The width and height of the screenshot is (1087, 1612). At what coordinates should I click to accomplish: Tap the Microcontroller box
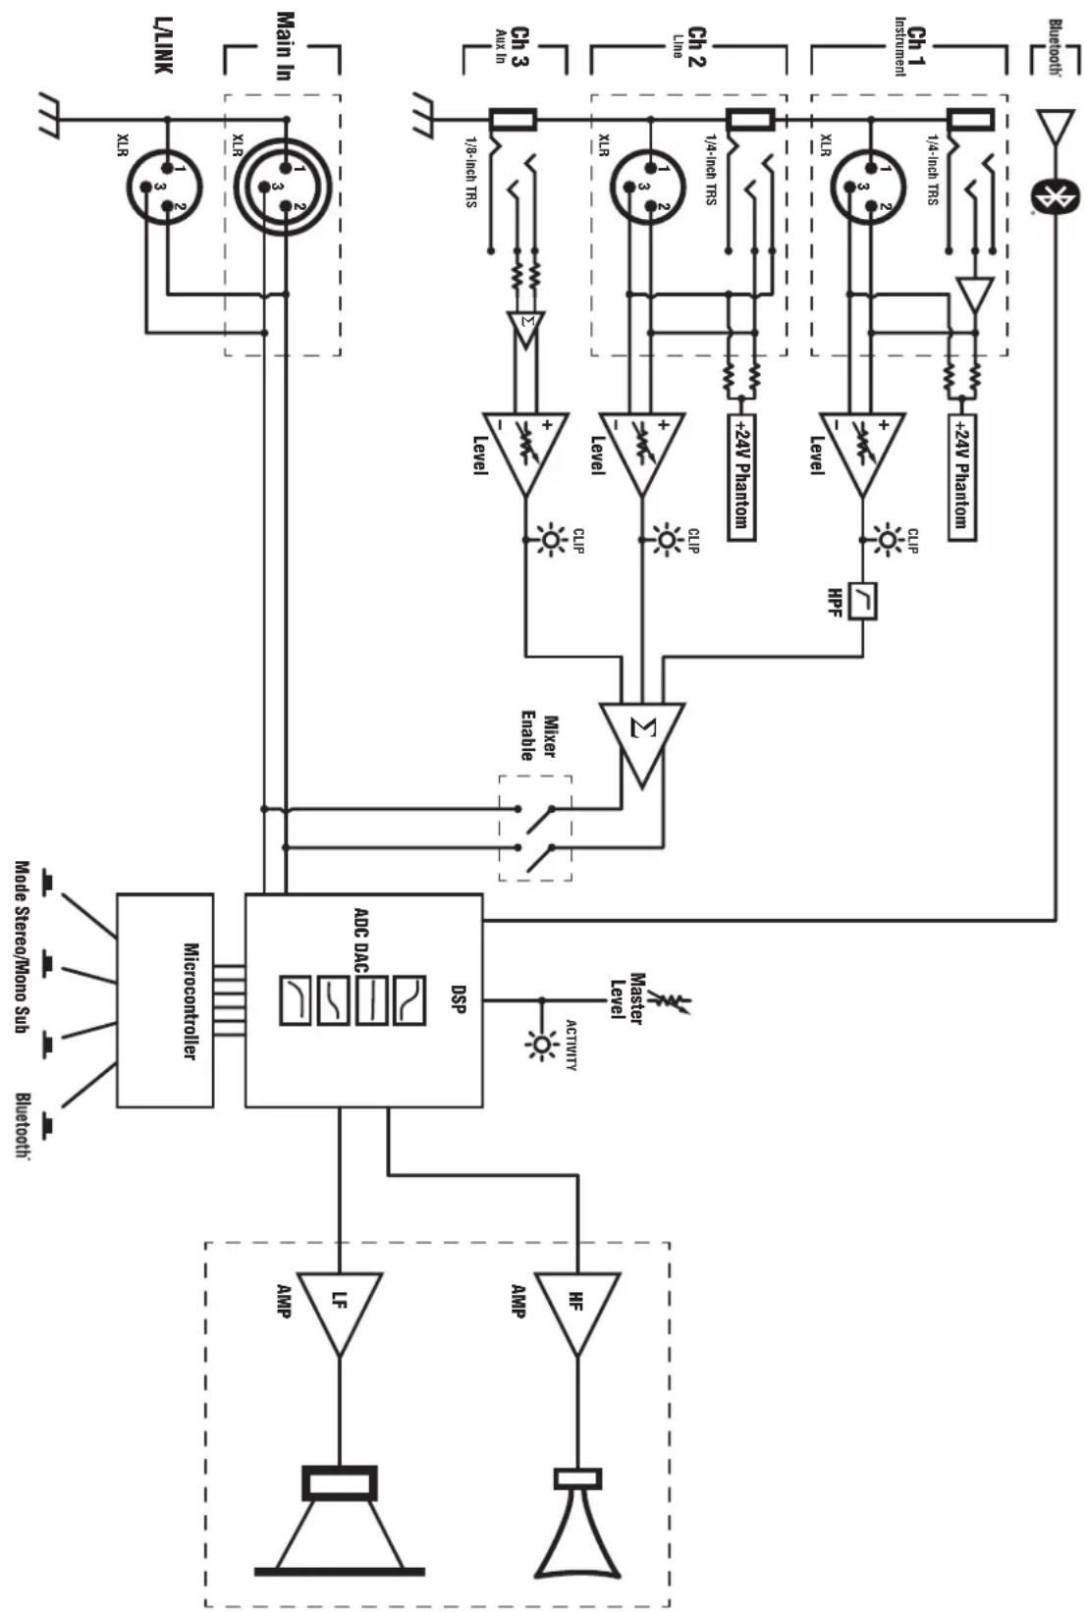click(x=165, y=1000)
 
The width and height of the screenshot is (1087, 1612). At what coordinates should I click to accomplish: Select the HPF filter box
click(x=863, y=600)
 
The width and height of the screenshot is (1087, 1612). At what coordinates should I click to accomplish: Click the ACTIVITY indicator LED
click(x=542, y=1045)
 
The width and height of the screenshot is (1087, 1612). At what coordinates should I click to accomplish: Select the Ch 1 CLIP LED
click(x=889, y=540)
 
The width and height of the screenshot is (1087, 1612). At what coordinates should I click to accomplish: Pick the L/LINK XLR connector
click(x=165, y=187)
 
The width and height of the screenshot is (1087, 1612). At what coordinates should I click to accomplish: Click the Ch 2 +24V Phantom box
click(x=741, y=477)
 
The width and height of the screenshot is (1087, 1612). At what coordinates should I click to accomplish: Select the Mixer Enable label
click(x=538, y=736)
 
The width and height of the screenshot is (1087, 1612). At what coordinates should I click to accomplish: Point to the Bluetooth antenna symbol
click(x=1056, y=126)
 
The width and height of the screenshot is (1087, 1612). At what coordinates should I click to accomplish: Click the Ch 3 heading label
click(x=519, y=47)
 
